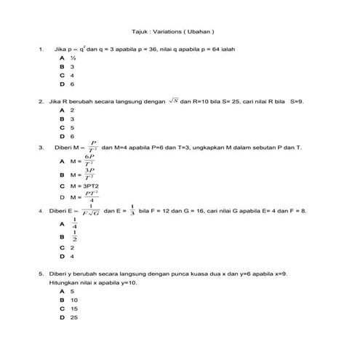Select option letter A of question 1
point(63,57)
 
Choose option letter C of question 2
point(63,127)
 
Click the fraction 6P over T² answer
point(89,161)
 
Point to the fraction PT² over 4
point(90,196)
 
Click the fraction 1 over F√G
point(89,211)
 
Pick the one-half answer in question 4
point(75,236)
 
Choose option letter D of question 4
point(63,256)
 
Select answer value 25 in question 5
point(74,318)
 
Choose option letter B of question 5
point(63,300)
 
